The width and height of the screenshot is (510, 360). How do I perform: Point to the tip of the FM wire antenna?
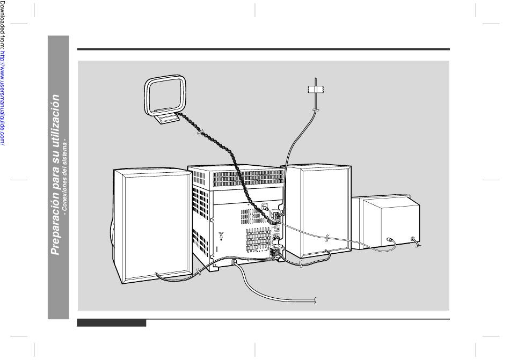[x=316, y=78]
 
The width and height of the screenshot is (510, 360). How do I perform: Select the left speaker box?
[x=152, y=225]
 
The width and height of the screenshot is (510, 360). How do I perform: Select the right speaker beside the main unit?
[x=318, y=211]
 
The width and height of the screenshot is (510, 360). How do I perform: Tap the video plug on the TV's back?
[x=389, y=240]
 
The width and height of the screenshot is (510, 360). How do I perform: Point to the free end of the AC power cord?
[x=315, y=301]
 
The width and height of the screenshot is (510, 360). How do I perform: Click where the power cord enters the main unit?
[x=233, y=262]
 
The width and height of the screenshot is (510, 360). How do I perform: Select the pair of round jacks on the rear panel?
[x=276, y=238]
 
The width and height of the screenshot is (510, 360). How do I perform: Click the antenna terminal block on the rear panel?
[x=276, y=215]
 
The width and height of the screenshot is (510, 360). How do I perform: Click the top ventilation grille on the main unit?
[x=249, y=178]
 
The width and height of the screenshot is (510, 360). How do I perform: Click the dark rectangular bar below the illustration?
[x=112, y=323]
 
